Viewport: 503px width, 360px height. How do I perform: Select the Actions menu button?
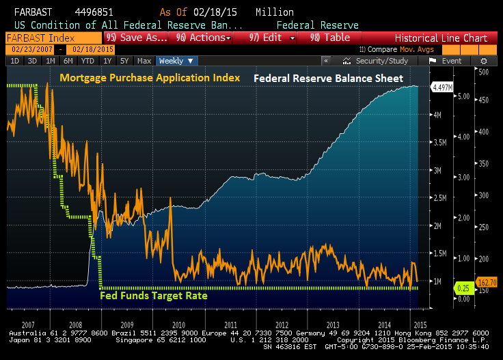[204, 38]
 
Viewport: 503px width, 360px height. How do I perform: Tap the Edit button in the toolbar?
[272, 38]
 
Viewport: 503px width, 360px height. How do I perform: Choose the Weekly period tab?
[176, 61]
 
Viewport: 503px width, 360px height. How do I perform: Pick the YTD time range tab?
[88, 61]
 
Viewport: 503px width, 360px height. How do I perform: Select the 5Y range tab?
[124, 61]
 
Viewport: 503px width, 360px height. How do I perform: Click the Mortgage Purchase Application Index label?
[150, 78]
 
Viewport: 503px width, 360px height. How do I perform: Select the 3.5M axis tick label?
[439, 143]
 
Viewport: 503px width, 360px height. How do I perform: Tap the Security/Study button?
[380, 61]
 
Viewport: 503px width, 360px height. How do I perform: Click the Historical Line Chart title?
[441, 38]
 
